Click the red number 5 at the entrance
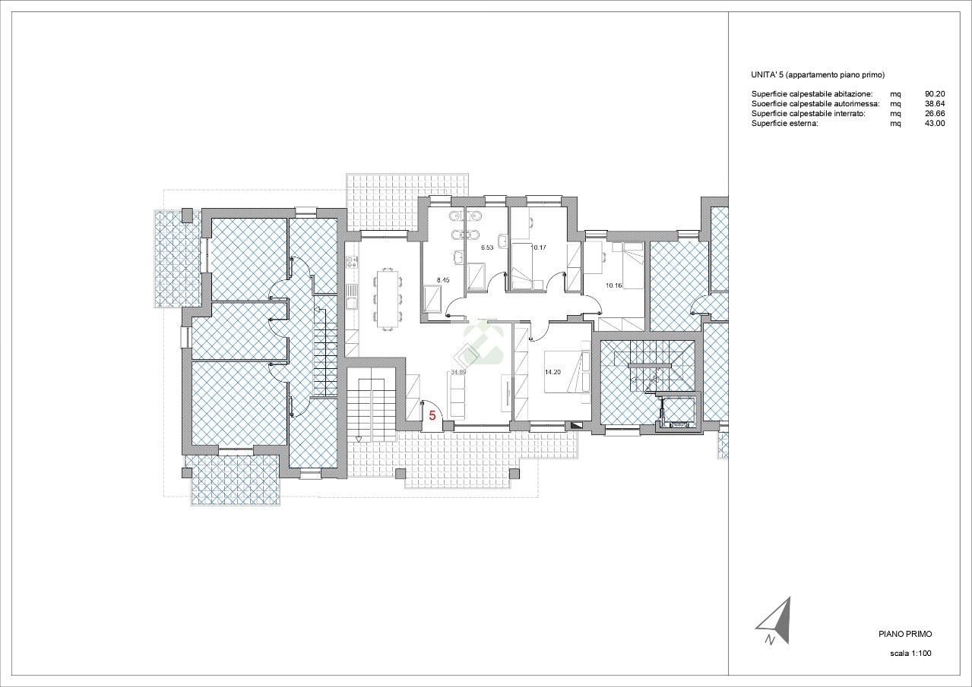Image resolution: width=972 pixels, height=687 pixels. click(432, 416)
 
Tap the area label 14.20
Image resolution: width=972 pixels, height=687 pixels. click(552, 372)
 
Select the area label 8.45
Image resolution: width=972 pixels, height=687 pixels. click(443, 280)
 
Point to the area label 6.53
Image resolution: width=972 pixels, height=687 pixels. click(487, 247)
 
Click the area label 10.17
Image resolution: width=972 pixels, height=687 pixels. click(539, 247)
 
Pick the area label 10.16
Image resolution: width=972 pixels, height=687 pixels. click(613, 285)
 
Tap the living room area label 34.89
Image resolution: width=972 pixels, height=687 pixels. click(458, 372)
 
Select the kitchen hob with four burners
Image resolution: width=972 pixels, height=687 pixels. click(351, 261)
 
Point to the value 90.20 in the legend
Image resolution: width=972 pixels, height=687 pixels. click(935, 93)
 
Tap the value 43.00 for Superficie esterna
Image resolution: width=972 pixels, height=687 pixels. click(935, 123)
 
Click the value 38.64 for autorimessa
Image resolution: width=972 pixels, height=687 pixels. click(935, 103)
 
